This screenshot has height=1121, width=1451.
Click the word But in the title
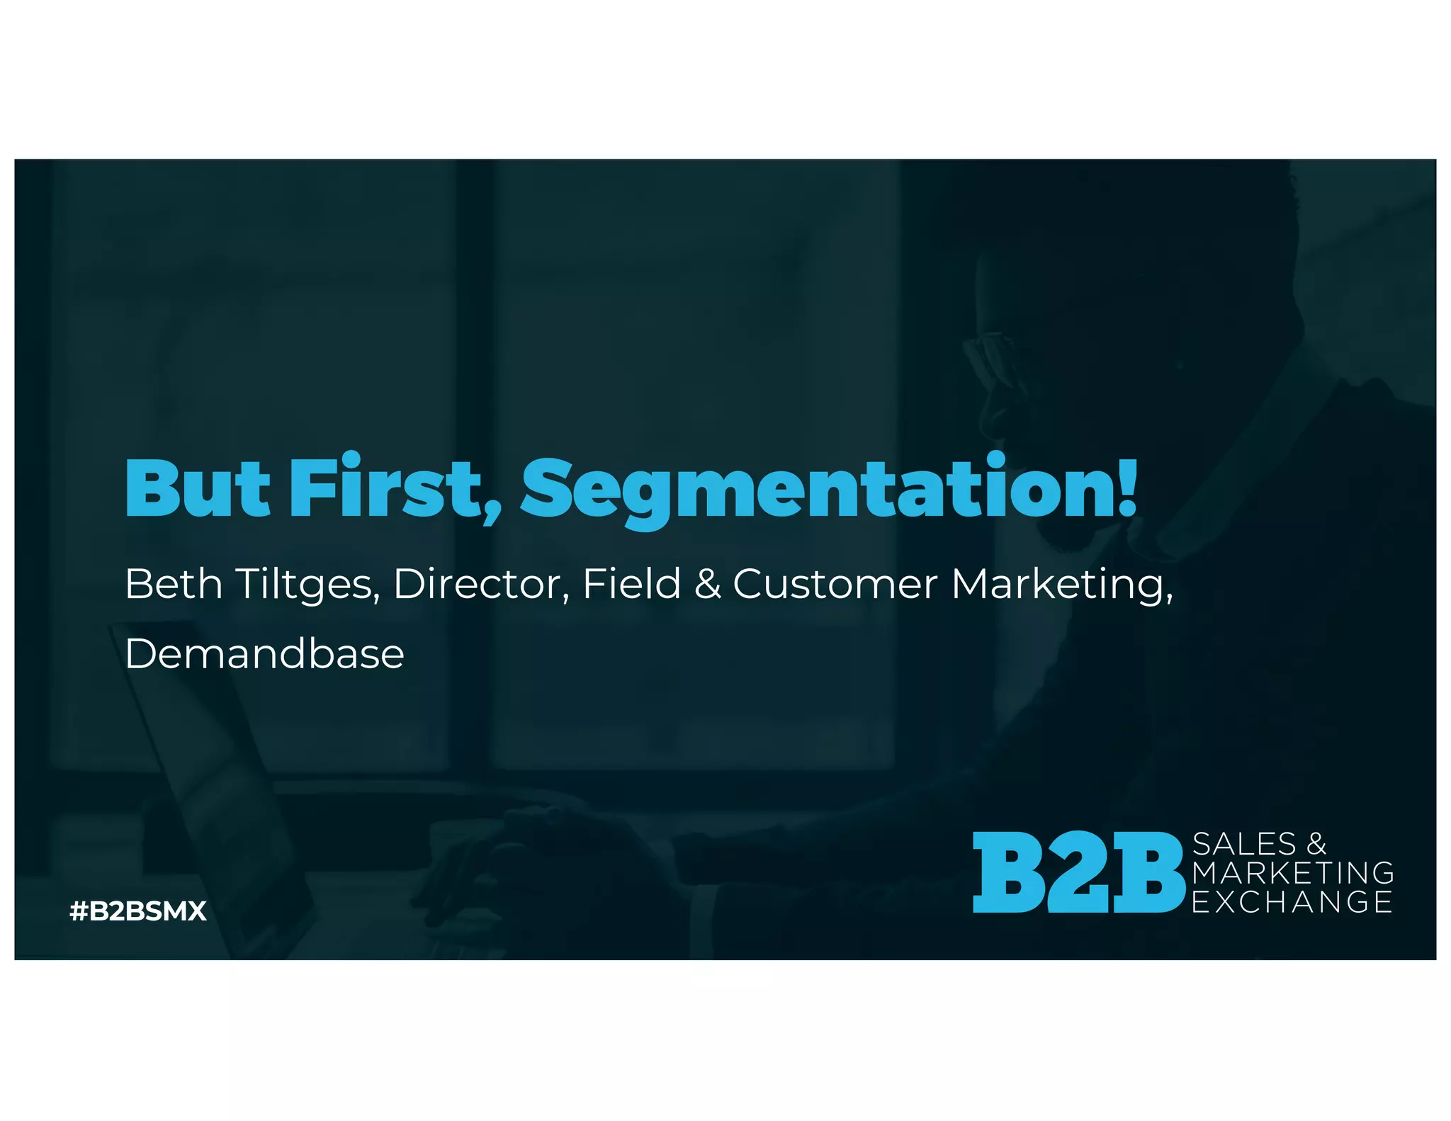(197, 489)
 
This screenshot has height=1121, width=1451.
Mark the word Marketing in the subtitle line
(1061, 585)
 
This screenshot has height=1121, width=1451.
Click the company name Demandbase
(264, 653)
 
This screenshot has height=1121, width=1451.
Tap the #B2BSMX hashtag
(138, 911)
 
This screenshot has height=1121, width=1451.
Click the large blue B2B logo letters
(1078, 872)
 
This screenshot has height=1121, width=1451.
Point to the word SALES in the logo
(1244, 844)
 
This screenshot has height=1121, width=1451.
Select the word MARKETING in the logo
(1293, 873)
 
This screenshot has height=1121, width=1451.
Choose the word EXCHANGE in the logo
(1292, 902)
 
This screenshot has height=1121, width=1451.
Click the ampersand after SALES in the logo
(1316, 844)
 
